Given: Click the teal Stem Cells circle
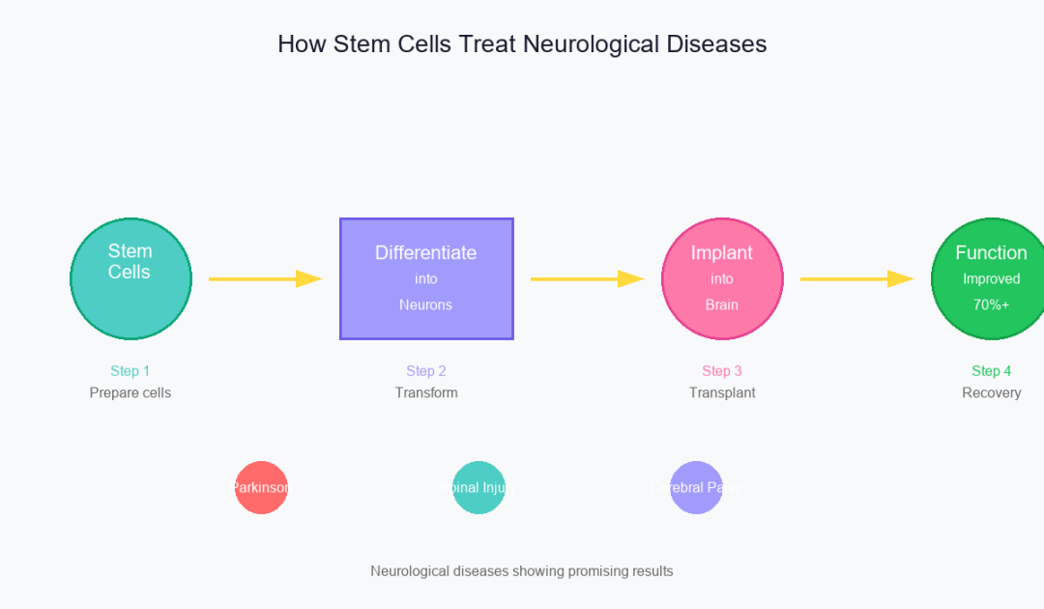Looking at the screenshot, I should tap(130, 278).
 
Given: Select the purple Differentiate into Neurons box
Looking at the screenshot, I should tap(426, 278).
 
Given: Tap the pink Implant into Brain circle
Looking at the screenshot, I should tap(722, 278).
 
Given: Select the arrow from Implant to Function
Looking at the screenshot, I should tap(855, 278).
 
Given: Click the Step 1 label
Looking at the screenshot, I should tap(130, 371).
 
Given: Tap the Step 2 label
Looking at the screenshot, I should tap(426, 371).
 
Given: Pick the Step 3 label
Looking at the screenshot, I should tap(722, 371).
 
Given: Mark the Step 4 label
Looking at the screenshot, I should tap(992, 371).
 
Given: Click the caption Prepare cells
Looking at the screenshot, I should tap(130, 392).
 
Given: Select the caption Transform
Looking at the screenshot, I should tap(426, 392).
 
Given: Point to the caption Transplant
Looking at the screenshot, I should tap(722, 392).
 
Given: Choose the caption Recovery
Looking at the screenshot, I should tap(992, 392).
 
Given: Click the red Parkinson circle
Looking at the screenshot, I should tap(262, 487).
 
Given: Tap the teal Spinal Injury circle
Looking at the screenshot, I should tap(479, 487).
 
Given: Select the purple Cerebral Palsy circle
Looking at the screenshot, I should tap(697, 487).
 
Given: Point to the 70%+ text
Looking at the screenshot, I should tap(992, 304).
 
